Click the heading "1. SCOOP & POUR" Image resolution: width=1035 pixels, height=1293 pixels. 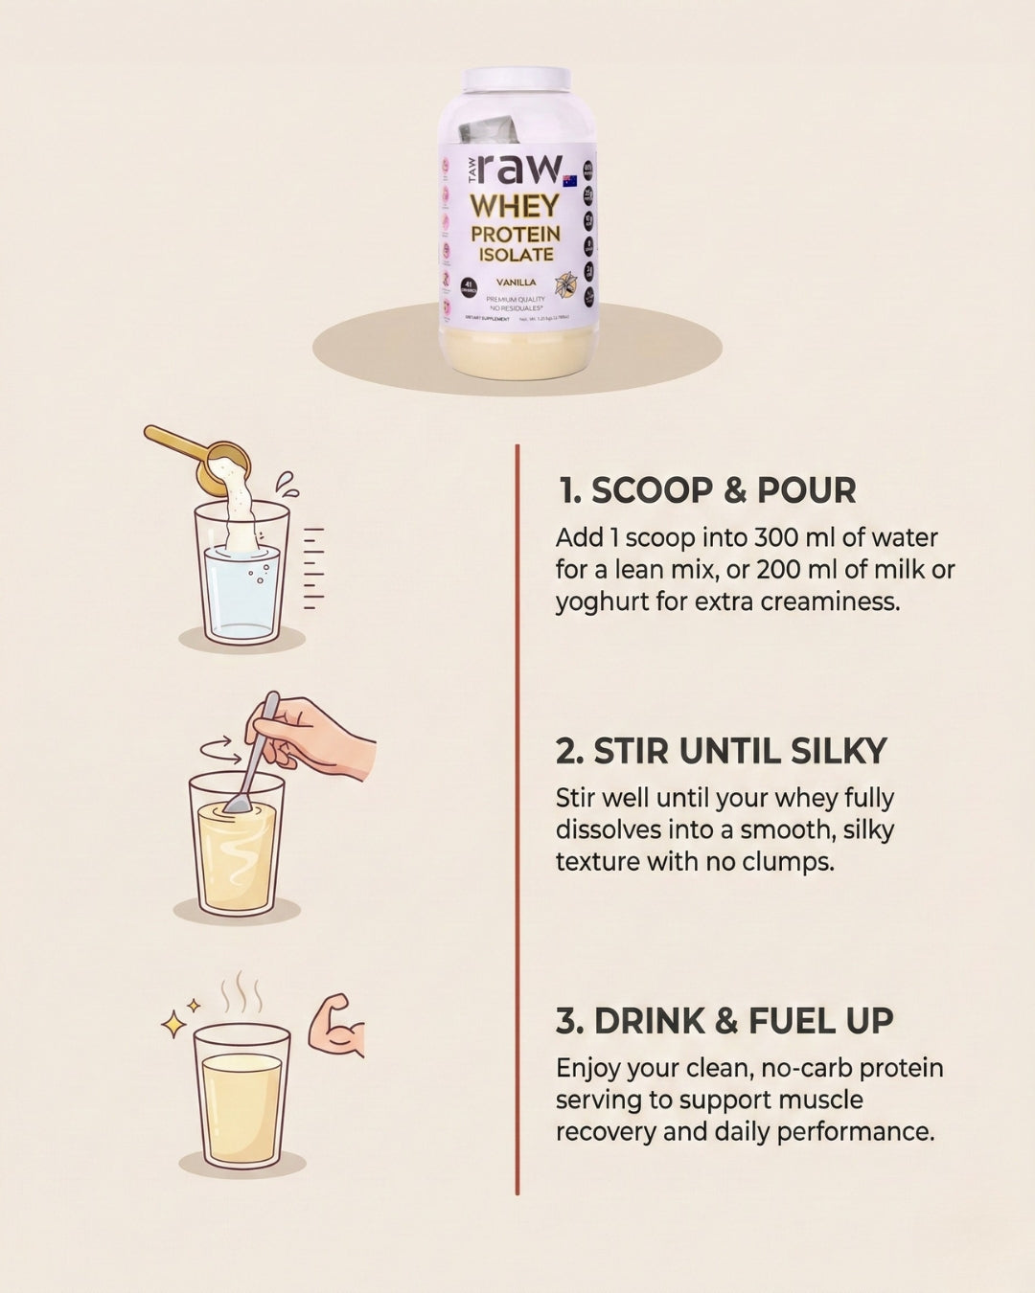(707, 490)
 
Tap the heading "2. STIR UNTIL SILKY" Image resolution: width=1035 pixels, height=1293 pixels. (721, 751)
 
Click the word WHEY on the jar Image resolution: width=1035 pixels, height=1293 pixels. (515, 205)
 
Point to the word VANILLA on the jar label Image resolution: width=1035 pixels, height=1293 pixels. (516, 283)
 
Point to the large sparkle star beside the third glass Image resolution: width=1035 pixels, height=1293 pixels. (174, 1025)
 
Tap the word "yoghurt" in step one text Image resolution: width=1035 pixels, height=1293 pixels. (603, 601)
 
